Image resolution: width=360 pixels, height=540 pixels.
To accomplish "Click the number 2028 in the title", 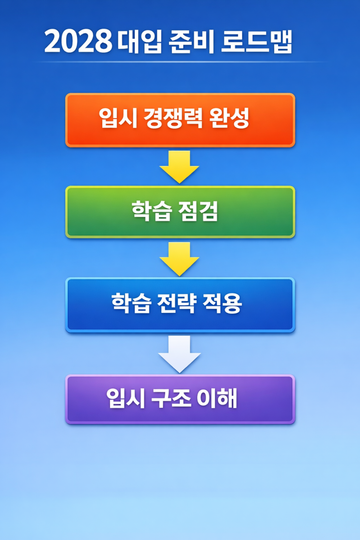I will (78, 42).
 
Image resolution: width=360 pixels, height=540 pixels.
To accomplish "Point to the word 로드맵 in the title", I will (257, 42).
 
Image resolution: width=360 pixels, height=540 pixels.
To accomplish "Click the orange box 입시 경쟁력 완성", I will (180, 120).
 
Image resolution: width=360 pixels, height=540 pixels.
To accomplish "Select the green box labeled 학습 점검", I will (180, 212).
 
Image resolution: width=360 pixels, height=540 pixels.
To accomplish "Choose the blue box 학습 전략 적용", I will (180, 304).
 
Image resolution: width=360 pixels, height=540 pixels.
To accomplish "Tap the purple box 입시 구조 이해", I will (180, 400).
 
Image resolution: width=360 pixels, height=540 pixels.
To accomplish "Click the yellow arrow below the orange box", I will (179, 166).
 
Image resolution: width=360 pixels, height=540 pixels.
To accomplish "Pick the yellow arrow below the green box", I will (179, 258).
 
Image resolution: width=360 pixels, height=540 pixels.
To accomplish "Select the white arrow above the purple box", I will (179, 354).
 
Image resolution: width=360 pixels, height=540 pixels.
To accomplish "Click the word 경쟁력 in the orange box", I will (173, 118).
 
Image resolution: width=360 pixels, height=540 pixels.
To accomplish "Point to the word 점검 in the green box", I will (200, 212).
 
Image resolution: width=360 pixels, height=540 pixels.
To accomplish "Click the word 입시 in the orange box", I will (116, 118).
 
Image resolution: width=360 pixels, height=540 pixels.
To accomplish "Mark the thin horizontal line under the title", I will (180, 62).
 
